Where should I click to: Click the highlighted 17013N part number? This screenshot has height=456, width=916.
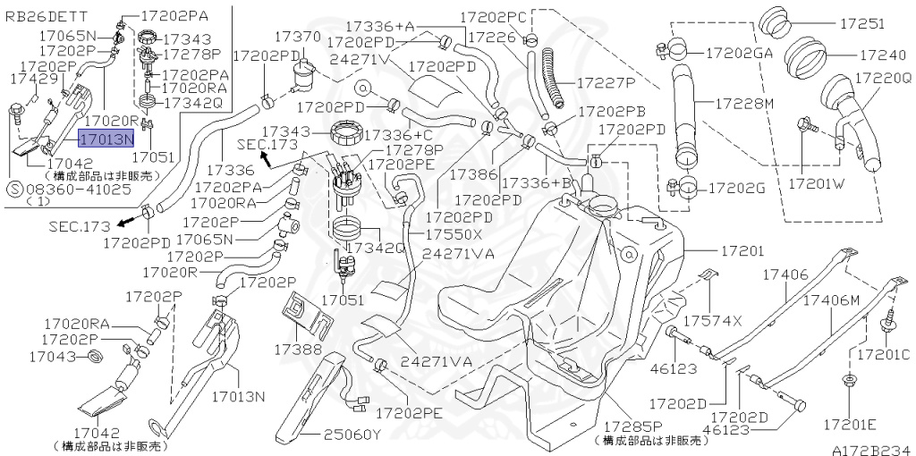[x=107, y=139]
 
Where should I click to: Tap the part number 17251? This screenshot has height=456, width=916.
[x=862, y=24]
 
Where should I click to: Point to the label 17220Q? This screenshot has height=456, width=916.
[x=883, y=77]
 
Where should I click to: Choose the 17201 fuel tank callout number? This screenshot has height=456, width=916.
[x=742, y=251]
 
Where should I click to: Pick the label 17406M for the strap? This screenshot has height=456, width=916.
[x=831, y=300]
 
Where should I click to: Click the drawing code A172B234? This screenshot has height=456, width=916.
[x=873, y=450]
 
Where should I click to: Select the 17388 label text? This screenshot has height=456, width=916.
[x=299, y=349]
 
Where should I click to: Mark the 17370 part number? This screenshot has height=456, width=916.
[x=298, y=37]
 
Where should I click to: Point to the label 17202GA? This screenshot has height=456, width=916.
[x=740, y=53]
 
